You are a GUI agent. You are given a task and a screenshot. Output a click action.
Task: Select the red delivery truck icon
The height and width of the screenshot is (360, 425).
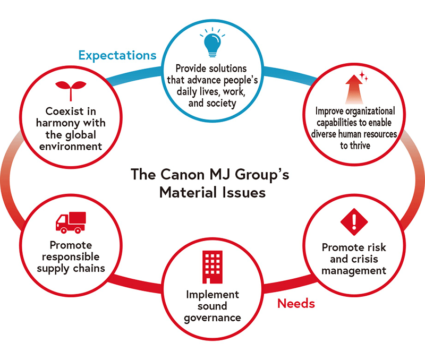(x=70, y=222)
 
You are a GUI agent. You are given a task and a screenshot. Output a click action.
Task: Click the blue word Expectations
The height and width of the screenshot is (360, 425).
(x=117, y=55)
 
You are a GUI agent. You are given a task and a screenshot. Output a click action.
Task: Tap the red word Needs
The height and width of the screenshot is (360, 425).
(x=296, y=304)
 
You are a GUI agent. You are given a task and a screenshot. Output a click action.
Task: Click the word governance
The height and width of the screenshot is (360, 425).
(x=212, y=318)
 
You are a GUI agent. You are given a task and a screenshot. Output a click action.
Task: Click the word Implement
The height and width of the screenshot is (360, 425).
(x=212, y=294)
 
